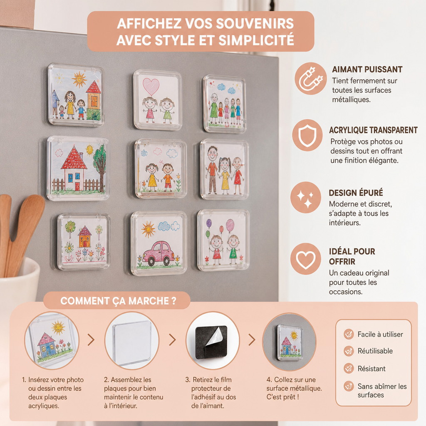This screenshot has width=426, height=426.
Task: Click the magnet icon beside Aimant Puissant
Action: [x=311, y=79]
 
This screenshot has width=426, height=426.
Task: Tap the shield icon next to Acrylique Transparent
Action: [x=307, y=135]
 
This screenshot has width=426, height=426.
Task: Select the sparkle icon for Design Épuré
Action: [x=306, y=197]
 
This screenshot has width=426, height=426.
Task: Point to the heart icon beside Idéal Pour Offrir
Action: [x=306, y=259]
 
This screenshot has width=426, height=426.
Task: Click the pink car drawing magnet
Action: [x=159, y=243]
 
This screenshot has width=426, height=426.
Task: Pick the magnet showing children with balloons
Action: [x=223, y=240]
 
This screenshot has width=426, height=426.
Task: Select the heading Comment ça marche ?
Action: [x=118, y=301]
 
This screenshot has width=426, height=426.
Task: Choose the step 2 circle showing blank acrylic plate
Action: [x=132, y=340]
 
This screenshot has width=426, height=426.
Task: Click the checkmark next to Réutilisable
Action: [x=349, y=351]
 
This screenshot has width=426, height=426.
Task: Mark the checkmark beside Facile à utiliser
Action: [x=349, y=334]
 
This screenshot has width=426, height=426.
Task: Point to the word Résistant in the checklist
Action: [x=372, y=369]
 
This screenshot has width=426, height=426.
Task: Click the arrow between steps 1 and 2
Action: [x=91, y=340]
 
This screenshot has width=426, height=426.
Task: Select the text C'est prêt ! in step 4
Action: [x=282, y=397]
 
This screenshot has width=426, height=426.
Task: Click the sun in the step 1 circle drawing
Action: [x=58, y=327]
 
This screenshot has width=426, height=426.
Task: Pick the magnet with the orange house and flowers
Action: [x=84, y=242]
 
